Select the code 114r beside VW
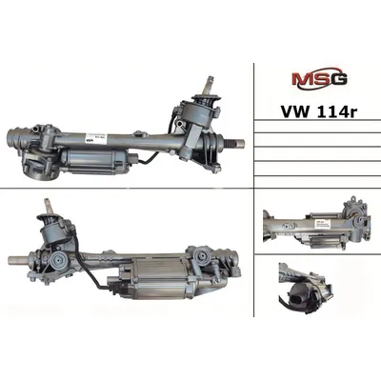coord(334,111)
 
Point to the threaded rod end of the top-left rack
coord(234,143)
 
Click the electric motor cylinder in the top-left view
coord(94,162)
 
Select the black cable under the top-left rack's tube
coord(150,159)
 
